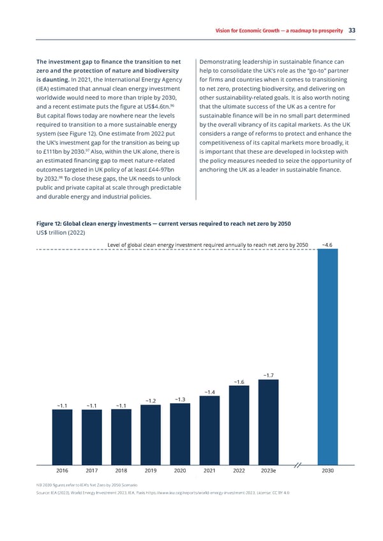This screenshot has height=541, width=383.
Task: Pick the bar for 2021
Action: click(x=209, y=428)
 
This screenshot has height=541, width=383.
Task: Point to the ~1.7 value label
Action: click(x=269, y=375)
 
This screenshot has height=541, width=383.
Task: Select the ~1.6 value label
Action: click(x=239, y=382)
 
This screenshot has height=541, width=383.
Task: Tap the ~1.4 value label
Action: click(x=210, y=391)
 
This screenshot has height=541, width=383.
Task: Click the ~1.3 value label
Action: click(x=179, y=399)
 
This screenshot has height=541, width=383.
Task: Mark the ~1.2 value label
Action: click(x=151, y=401)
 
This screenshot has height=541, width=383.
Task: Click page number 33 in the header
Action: click(x=352, y=30)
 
